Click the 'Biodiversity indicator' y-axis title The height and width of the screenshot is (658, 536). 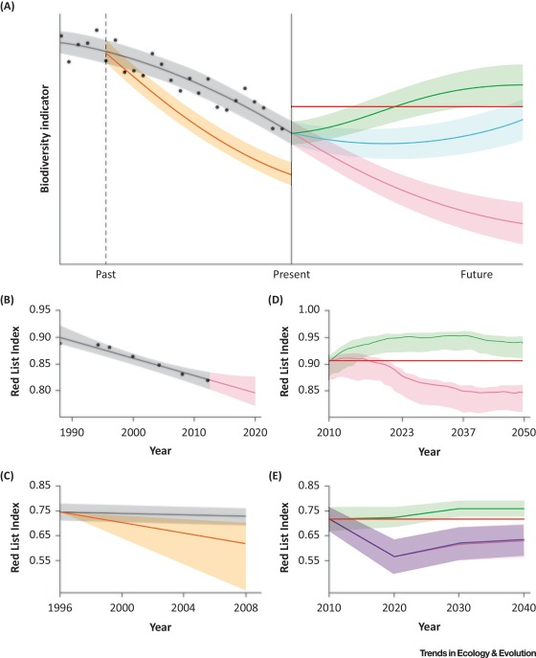(x=44, y=145)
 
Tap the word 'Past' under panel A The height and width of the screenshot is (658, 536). (x=106, y=274)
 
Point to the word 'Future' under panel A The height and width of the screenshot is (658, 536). (x=476, y=274)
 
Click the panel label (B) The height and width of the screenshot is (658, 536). (x=13, y=299)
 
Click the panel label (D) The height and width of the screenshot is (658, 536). (x=279, y=299)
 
